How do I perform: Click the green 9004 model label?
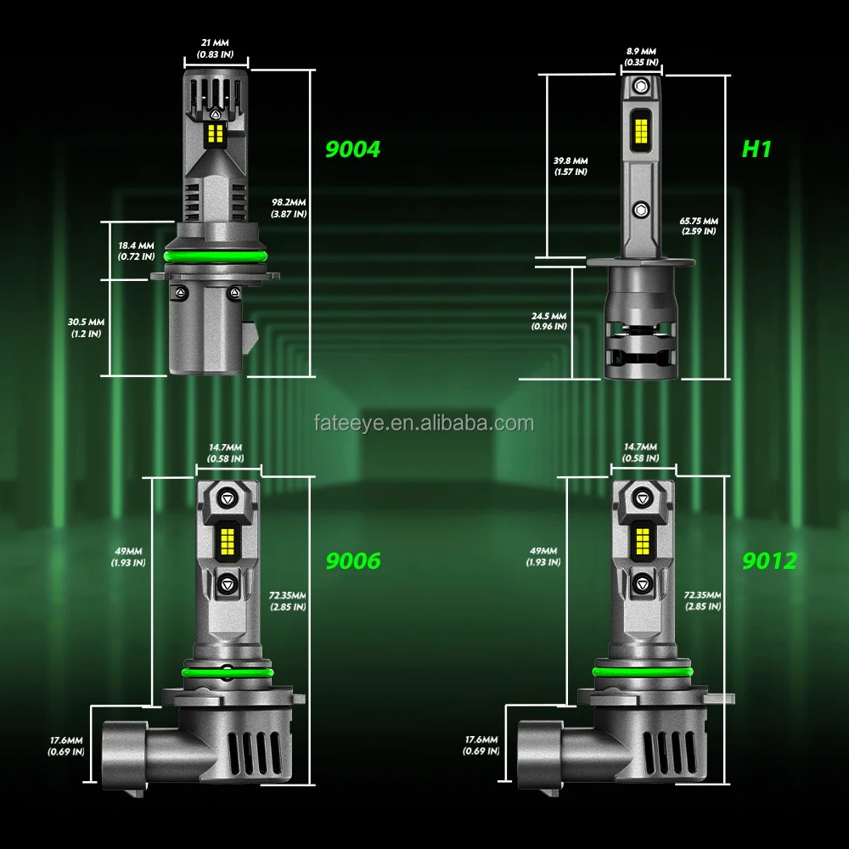353,149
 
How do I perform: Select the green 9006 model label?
353,560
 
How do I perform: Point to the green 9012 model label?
769,560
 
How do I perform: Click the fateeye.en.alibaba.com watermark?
424,423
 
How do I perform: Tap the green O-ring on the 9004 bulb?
216,256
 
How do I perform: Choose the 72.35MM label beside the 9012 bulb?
700,600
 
